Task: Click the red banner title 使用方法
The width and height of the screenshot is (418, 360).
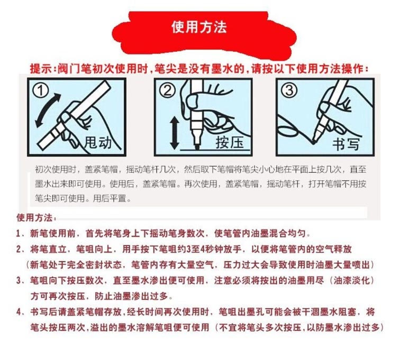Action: (x=199, y=27)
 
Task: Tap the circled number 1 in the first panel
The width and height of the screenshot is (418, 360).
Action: (x=41, y=90)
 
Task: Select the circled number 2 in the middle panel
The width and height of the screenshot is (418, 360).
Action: (x=167, y=90)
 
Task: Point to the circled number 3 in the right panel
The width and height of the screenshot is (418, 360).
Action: (x=289, y=90)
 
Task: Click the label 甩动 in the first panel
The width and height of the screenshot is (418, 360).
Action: (x=97, y=142)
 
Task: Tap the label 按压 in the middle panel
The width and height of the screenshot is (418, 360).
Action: (x=230, y=142)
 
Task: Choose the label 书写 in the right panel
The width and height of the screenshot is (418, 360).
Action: (x=346, y=144)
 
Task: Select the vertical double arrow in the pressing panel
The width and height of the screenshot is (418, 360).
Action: (x=175, y=133)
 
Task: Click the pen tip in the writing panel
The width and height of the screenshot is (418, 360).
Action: (x=314, y=142)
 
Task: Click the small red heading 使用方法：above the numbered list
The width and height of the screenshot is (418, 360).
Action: (x=37, y=218)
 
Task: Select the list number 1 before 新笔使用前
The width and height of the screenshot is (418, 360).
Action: (x=18, y=234)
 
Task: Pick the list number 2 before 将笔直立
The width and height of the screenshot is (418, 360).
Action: (x=19, y=249)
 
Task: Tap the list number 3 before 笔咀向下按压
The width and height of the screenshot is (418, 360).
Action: (x=19, y=280)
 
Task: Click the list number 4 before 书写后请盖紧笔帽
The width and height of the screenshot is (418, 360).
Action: (x=19, y=312)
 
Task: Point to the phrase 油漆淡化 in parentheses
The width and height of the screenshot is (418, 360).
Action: (x=352, y=280)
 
